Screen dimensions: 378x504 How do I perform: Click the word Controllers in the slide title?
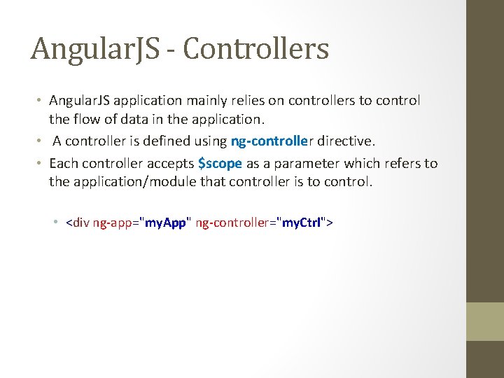[258, 49]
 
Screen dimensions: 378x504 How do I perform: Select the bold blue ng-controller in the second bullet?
[272, 141]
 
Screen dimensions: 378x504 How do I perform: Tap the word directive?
[346, 141]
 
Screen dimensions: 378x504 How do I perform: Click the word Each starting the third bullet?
[64, 163]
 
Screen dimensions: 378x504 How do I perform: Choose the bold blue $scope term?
[220, 163]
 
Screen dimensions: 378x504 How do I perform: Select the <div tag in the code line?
[77, 223]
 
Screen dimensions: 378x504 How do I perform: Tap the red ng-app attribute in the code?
[113, 223]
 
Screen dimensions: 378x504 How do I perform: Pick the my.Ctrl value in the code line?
[301, 223]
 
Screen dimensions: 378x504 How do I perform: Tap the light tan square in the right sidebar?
[485, 321]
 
